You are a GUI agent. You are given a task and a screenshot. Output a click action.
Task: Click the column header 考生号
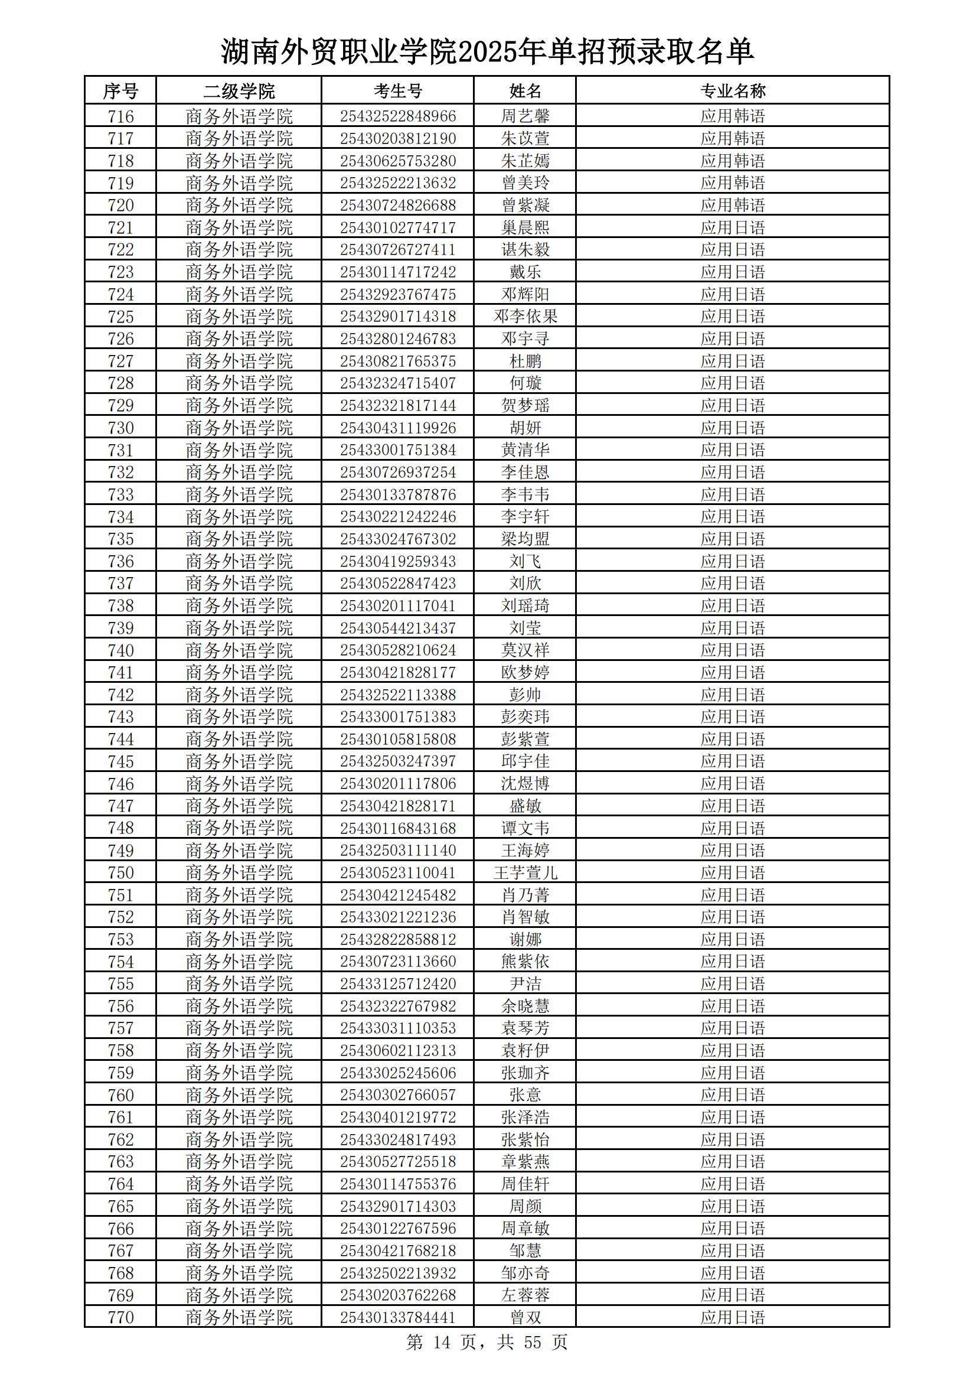[397, 91]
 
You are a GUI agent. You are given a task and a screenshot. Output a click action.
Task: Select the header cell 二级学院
[239, 91]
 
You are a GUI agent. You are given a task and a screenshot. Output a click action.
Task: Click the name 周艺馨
[525, 116]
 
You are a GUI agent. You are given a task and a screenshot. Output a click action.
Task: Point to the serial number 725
[120, 317]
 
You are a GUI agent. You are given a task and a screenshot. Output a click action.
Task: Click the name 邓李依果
[525, 317]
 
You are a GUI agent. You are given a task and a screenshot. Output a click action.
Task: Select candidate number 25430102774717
[397, 227]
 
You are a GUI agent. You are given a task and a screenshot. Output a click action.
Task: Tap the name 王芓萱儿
[525, 873]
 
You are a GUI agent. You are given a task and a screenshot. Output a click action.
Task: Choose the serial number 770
[120, 1317]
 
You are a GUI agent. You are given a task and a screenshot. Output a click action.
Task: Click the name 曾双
[525, 1317]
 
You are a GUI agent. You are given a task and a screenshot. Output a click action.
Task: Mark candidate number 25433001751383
[397, 717]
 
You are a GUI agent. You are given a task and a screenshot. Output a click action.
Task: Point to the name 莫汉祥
[525, 650]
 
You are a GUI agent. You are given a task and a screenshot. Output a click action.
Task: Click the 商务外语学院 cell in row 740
[239, 650]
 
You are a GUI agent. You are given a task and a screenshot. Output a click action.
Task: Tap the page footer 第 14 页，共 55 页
[487, 1342]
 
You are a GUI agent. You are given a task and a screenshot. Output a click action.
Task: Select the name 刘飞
[525, 561]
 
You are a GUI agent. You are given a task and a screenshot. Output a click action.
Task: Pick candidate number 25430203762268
[397, 1295]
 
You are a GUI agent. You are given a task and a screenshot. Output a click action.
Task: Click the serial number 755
[120, 983]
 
